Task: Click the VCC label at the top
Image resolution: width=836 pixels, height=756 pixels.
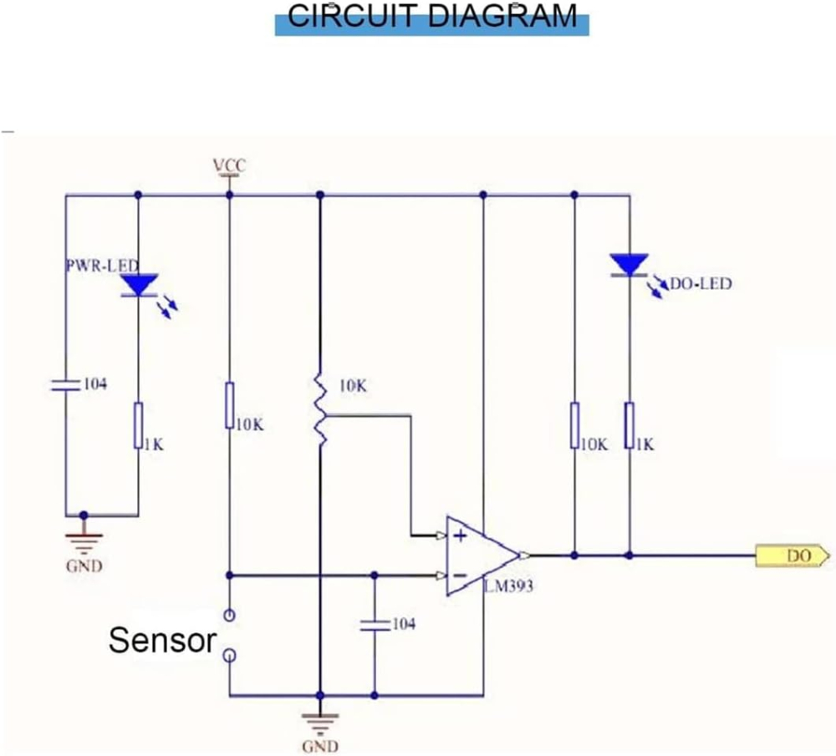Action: (x=230, y=165)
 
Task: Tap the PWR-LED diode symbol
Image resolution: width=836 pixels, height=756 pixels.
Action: (x=140, y=285)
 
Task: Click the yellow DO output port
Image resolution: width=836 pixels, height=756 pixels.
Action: (x=793, y=556)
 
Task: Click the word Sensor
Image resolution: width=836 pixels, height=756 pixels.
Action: (x=163, y=639)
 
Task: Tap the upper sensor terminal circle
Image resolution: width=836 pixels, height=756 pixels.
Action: (x=230, y=616)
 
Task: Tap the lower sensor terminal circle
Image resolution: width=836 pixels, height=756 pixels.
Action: (x=230, y=655)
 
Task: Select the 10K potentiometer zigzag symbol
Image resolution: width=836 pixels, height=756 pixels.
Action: (x=320, y=409)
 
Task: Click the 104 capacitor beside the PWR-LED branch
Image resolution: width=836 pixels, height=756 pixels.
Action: (x=66, y=385)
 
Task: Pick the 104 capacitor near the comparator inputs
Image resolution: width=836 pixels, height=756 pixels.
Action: (x=375, y=626)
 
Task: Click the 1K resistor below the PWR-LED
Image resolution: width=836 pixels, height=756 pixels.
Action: (x=139, y=426)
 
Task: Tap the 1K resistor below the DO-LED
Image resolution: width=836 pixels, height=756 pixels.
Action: (x=630, y=425)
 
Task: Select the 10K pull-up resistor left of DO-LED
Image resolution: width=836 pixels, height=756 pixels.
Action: (x=575, y=425)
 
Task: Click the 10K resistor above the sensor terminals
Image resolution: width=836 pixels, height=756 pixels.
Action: (x=230, y=405)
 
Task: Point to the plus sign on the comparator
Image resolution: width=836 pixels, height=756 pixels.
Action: (x=461, y=535)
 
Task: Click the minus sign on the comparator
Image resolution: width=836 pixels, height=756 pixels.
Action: (x=461, y=576)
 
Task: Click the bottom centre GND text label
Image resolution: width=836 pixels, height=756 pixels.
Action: (x=320, y=746)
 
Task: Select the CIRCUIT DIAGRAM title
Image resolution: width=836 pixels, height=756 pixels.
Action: (x=432, y=16)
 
